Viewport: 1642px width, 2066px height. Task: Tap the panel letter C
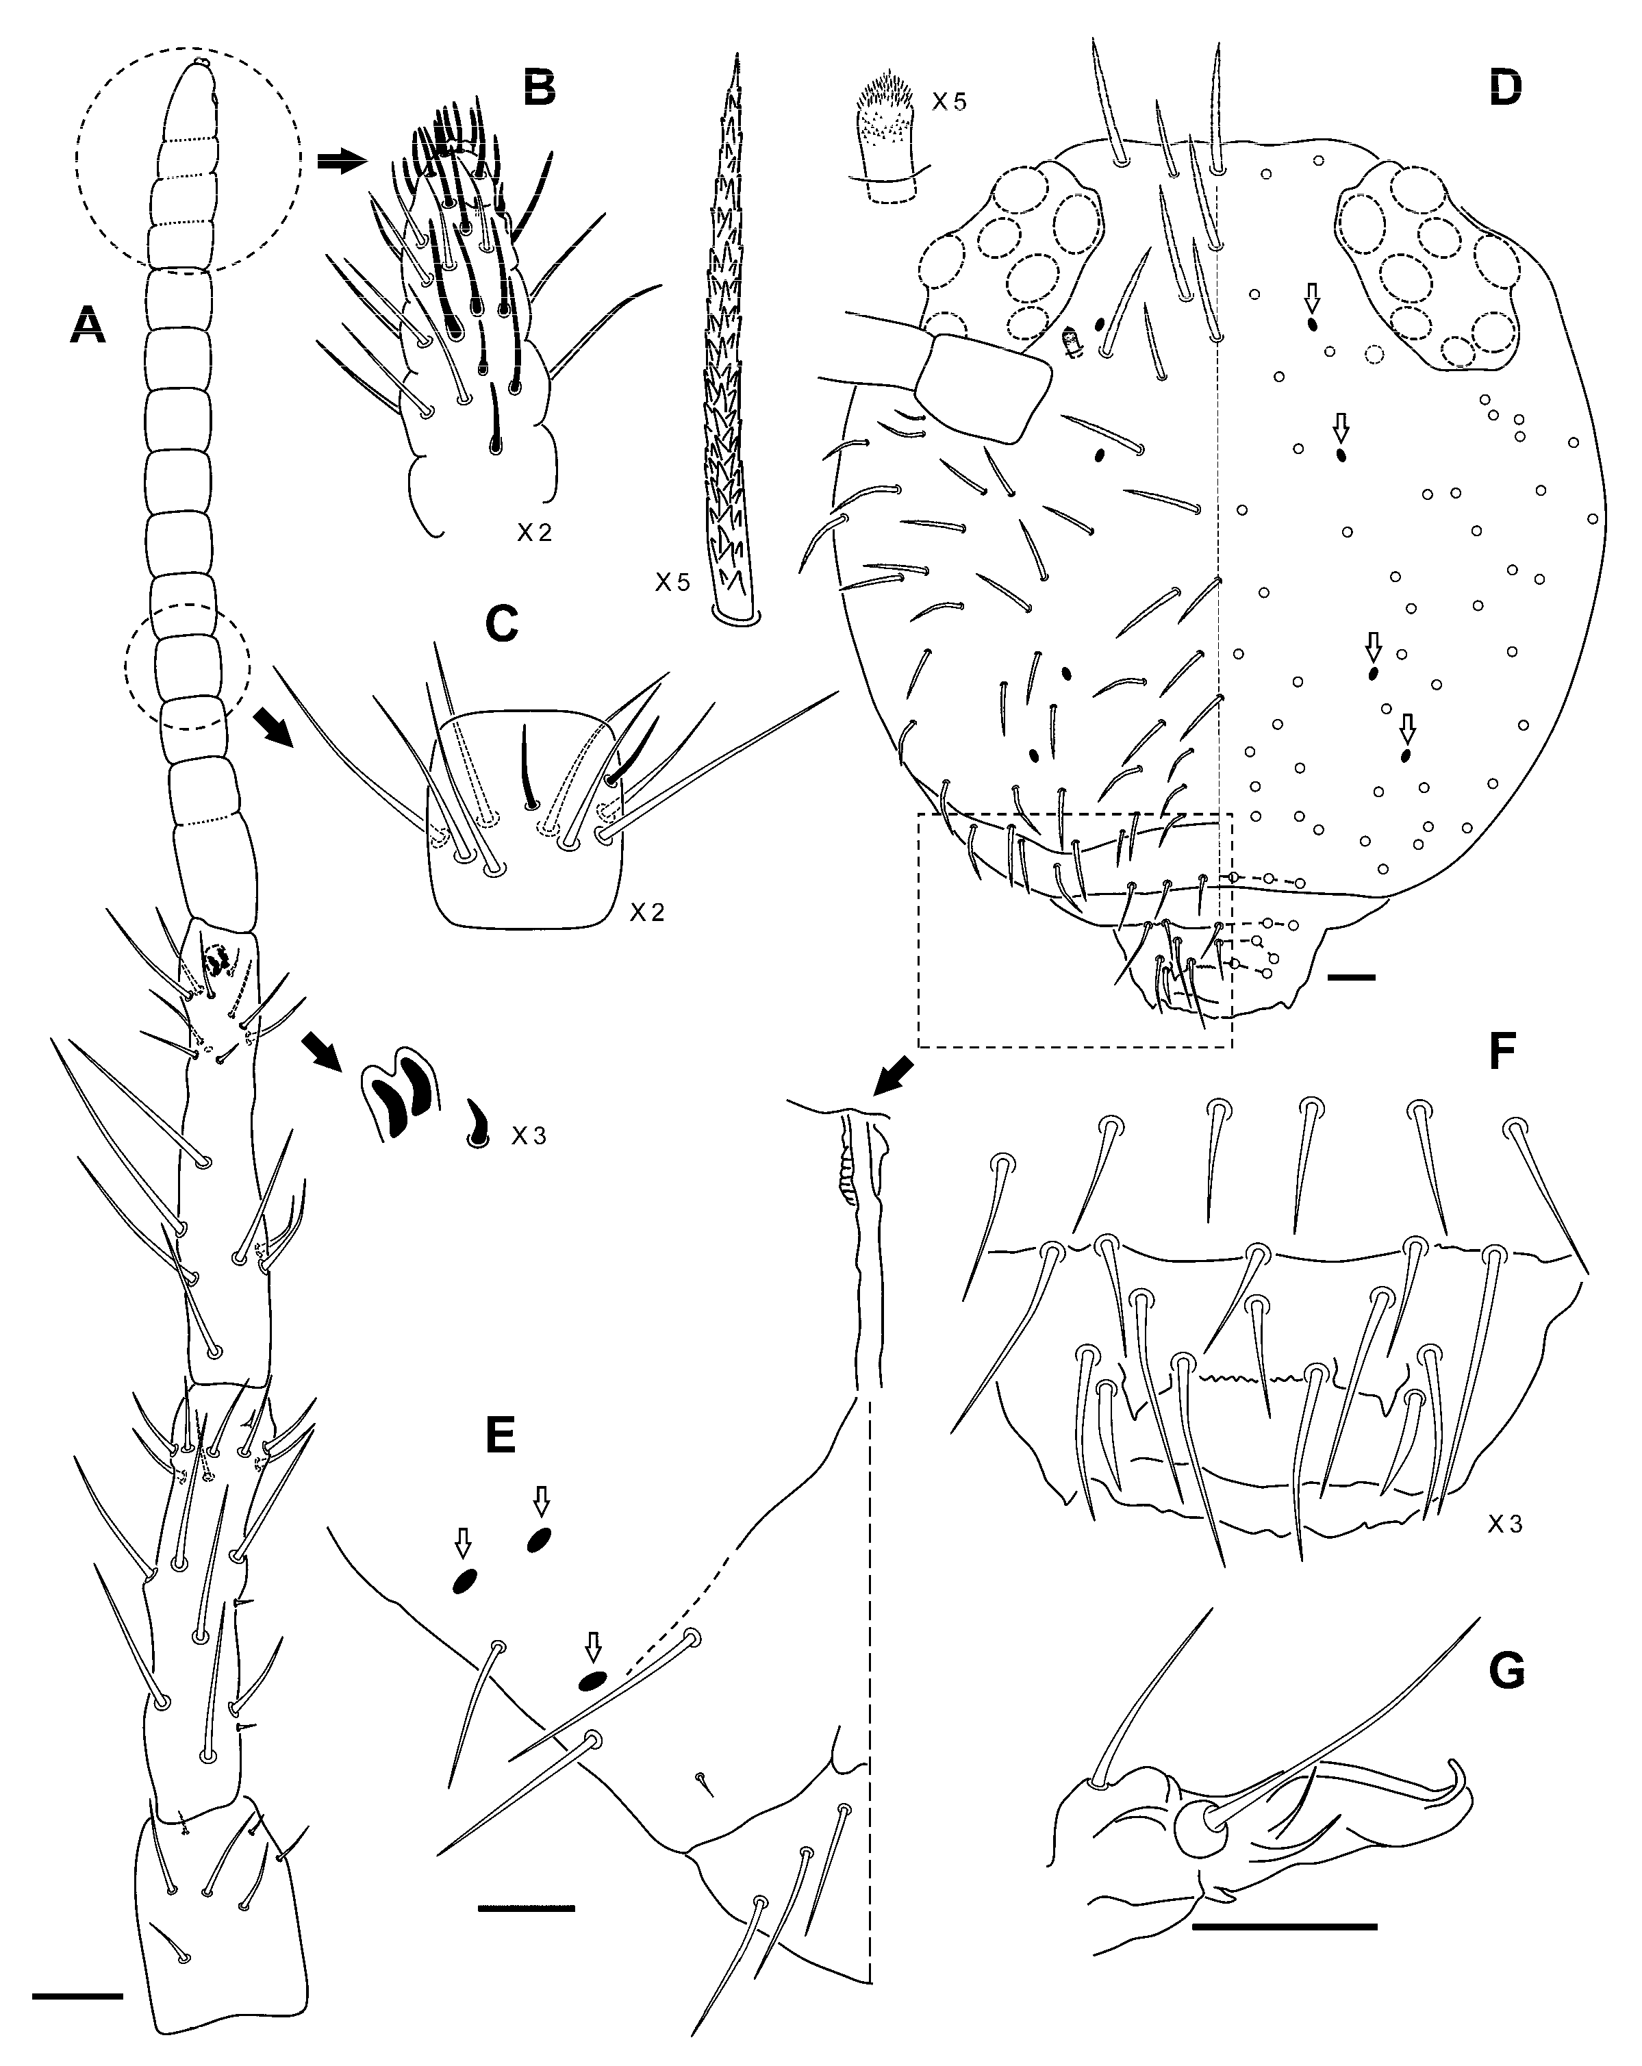502,624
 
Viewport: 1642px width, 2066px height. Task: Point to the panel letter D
1506,88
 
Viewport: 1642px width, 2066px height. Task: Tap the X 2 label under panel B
535,533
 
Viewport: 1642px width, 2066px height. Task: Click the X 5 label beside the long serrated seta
672,581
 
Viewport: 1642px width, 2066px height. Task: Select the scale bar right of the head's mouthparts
1352,977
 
